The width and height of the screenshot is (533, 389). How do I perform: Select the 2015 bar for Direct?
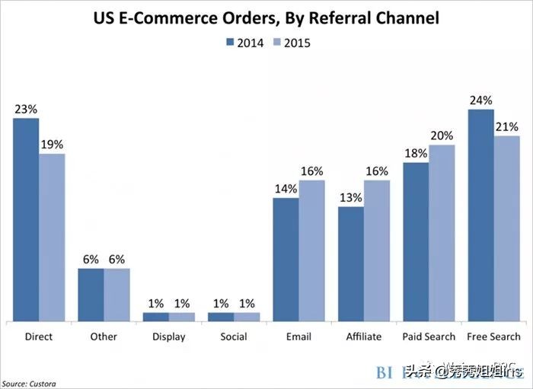52,237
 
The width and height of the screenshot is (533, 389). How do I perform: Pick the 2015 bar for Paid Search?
442,232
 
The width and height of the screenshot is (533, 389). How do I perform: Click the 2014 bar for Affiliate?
350,263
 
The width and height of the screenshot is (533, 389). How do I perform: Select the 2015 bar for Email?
311,250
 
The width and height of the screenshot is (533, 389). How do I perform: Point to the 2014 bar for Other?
91,295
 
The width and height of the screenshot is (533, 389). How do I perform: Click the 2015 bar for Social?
247,316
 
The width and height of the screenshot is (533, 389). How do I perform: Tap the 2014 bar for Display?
156,316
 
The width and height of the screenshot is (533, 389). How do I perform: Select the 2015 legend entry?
291,43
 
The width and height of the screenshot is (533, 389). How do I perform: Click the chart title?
266,18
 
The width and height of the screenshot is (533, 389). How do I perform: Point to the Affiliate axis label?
363,336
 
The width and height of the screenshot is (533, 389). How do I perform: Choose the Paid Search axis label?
428,336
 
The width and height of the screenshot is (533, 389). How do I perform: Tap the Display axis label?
168,336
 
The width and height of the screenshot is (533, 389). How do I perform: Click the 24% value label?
480,100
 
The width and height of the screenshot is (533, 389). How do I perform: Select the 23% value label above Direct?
26,109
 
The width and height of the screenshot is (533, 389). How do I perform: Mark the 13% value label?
350,197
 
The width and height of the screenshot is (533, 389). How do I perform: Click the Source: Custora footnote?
28,384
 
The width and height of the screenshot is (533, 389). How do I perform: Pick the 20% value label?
442,136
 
